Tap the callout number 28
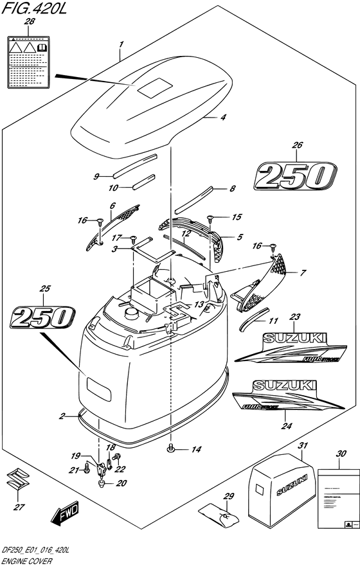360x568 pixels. coord(29,22)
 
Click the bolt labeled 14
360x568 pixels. coord(172,447)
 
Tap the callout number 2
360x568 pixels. coord(62,416)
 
